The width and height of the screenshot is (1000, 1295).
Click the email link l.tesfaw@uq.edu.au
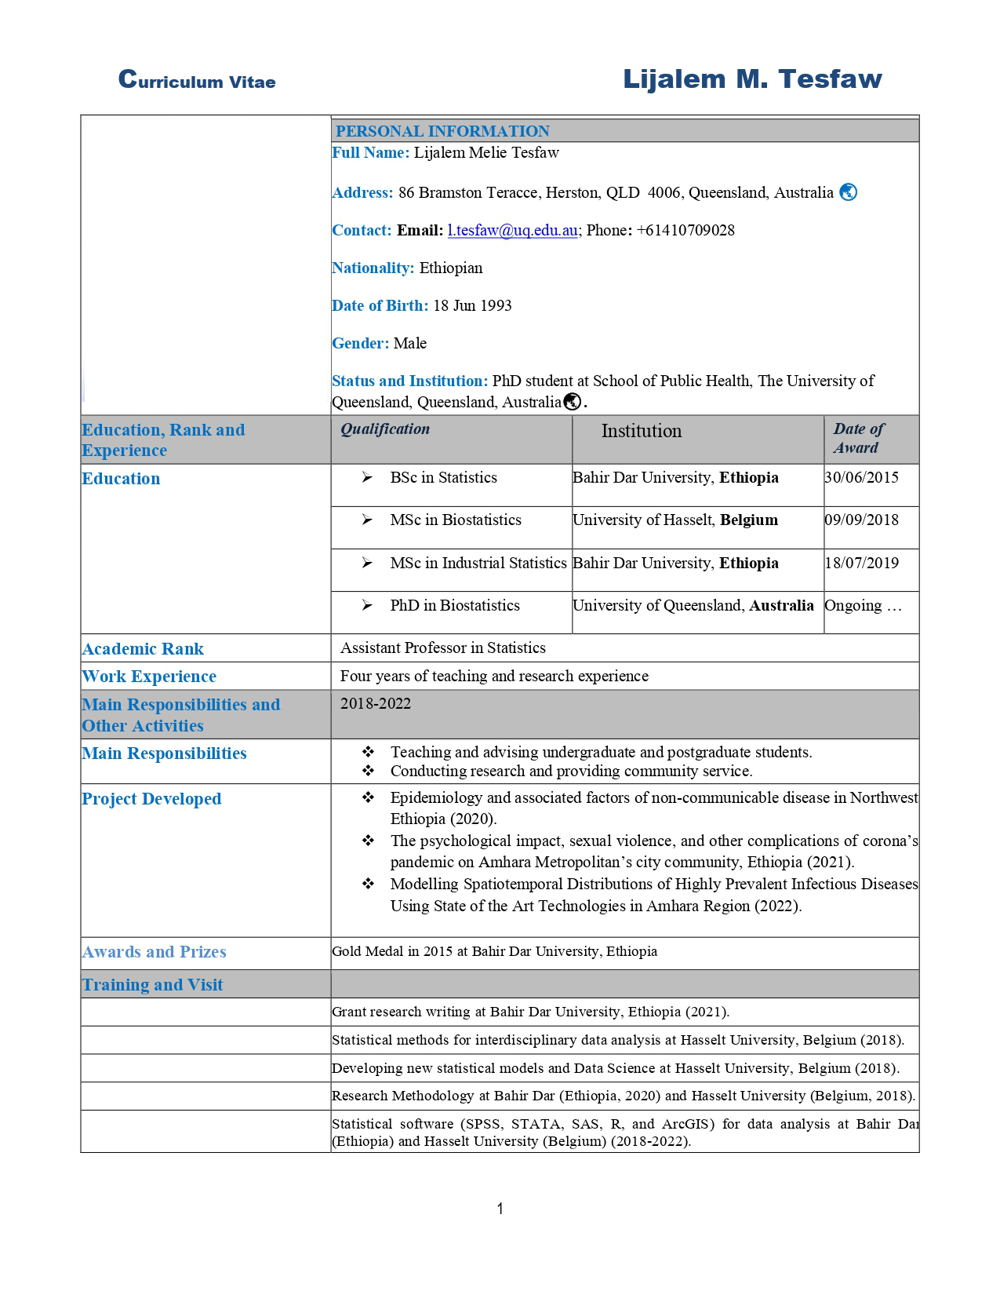click(512, 231)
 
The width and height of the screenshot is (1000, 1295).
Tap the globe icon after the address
click(848, 192)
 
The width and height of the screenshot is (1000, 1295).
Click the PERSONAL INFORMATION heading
click(442, 131)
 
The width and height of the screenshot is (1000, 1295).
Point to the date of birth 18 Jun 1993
click(472, 306)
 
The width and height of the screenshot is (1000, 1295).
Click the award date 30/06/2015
click(862, 478)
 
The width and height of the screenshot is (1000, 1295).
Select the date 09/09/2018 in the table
click(862, 520)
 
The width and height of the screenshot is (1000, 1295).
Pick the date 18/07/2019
click(862, 564)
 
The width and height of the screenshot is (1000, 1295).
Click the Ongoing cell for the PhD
click(863, 606)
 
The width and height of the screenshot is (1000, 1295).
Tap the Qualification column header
click(385, 429)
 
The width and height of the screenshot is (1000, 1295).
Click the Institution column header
click(642, 431)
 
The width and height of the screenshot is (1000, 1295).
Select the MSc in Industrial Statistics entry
click(478, 564)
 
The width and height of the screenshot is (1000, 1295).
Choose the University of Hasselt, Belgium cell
click(675, 520)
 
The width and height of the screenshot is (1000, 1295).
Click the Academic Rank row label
click(143, 649)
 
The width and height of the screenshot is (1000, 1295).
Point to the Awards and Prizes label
click(154, 952)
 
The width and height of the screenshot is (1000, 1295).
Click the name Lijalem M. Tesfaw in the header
click(752, 78)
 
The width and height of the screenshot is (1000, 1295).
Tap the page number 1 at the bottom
click(500, 1209)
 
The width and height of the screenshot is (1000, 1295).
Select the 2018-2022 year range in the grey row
click(376, 704)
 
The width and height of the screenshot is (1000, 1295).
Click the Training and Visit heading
click(152, 985)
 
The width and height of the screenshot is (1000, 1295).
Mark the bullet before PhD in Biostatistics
click(367, 605)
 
